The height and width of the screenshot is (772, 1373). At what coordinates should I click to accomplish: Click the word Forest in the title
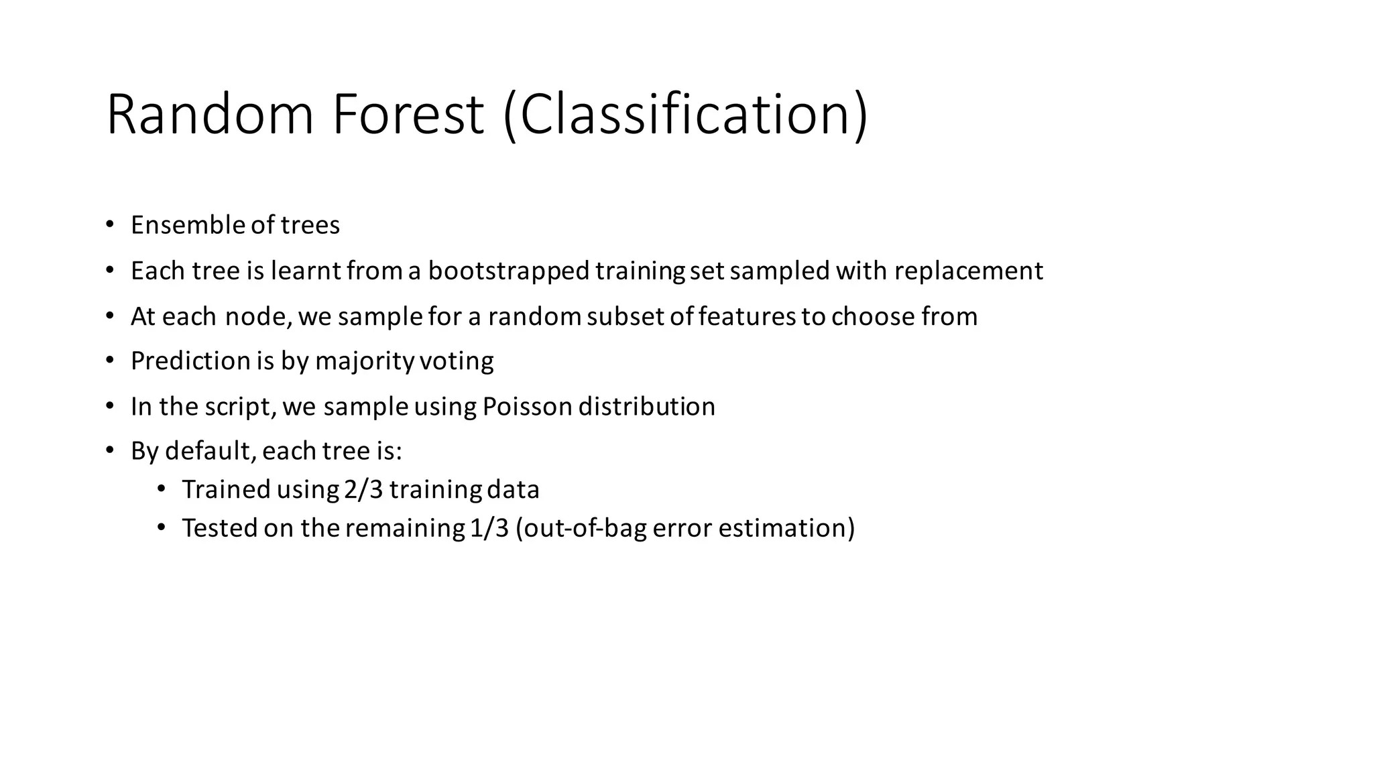click(408, 115)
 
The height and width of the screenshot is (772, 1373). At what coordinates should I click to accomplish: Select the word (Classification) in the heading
click(685, 115)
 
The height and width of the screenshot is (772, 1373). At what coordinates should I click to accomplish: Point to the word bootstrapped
click(509, 271)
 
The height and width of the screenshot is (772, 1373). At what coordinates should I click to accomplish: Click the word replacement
click(969, 271)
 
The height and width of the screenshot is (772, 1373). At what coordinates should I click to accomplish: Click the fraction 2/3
click(363, 490)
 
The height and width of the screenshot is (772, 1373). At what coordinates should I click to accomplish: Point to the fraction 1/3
click(489, 528)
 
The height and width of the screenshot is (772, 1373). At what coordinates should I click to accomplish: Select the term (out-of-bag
click(581, 528)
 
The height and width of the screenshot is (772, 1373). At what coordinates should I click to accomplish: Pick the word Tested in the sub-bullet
click(220, 528)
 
